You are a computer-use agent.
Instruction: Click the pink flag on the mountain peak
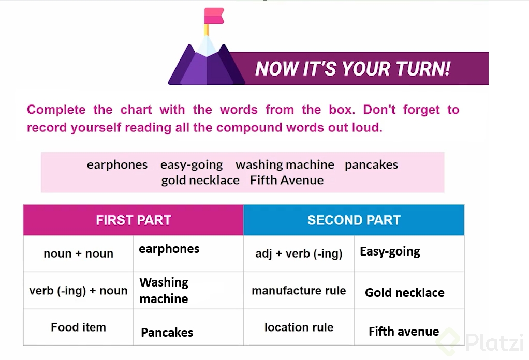click(x=214, y=16)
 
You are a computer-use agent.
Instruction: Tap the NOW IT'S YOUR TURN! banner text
click(x=352, y=68)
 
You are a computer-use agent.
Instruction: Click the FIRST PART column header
click(x=133, y=220)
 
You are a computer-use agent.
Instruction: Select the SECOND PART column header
click(x=354, y=220)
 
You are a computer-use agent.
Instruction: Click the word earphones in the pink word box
click(x=117, y=165)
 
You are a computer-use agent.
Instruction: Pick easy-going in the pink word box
click(x=192, y=165)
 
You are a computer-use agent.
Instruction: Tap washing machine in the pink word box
click(x=285, y=165)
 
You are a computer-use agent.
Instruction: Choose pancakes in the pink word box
click(x=371, y=165)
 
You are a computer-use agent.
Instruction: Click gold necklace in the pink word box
click(x=200, y=181)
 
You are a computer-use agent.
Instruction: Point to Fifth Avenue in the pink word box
click(x=286, y=180)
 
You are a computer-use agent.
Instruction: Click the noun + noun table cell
click(x=78, y=253)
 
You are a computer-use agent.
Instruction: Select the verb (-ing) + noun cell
click(x=78, y=291)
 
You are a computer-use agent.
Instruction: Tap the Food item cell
click(x=78, y=327)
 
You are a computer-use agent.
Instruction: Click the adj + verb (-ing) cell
click(x=299, y=253)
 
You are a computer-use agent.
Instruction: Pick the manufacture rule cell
click(x=299, y=291)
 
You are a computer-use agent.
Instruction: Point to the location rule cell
click(x=299, y=327)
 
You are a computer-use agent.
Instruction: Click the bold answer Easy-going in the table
click(x=390, y=252)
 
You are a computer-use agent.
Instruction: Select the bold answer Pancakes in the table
click(x=167, y=333)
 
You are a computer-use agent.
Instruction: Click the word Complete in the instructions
click(x=56, y=110)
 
